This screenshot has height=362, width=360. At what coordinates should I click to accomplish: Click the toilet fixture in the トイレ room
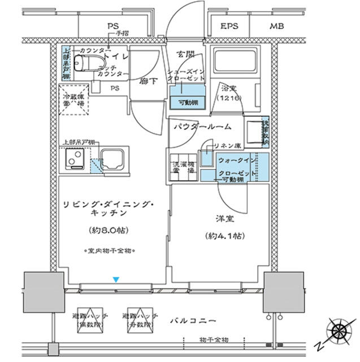84,66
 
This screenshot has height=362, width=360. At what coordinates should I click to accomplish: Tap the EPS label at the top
229,26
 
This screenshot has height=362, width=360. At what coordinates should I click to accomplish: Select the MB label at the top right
277,26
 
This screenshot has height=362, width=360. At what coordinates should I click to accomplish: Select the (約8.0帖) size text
110,230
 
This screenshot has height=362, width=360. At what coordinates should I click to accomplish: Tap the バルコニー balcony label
193,321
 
